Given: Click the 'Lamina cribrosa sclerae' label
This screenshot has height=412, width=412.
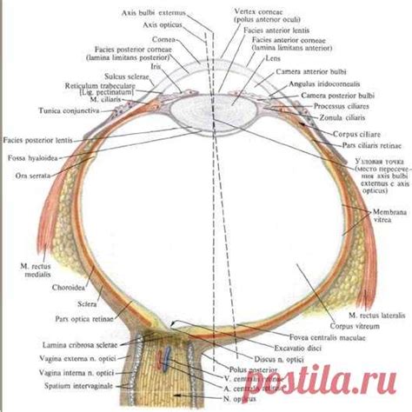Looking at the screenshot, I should pyautogui.click(x=73, y=346).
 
